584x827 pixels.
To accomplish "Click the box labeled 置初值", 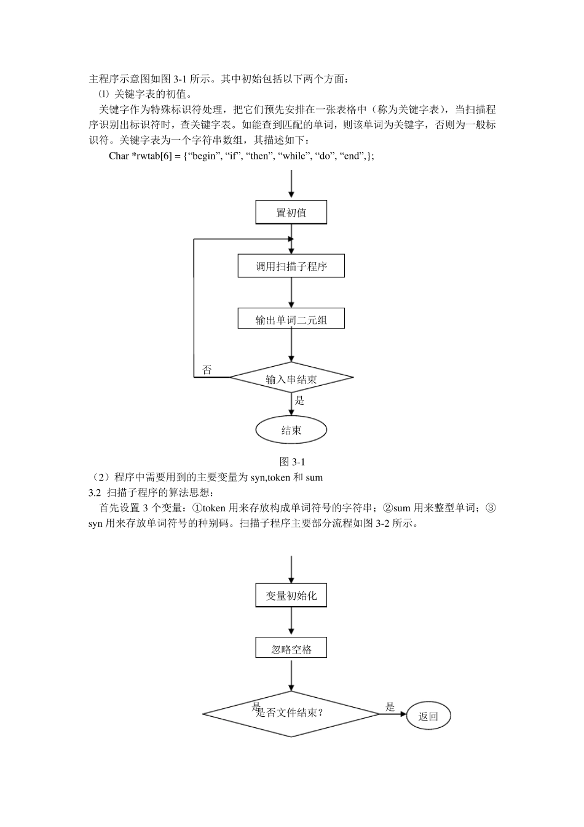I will click(291, 213).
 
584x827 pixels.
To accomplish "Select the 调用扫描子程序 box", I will click(291, 266).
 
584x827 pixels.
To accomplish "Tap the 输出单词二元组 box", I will click(291, 319).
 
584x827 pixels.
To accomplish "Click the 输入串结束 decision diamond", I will click(291, 378).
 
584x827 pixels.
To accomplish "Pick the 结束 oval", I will click(291, 429).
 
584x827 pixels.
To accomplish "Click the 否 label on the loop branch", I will click(207, 370).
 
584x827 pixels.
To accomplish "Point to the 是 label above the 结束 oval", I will click(300, 400).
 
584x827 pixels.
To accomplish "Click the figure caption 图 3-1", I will click(292, 461).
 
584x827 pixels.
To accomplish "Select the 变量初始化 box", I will click(291, 596).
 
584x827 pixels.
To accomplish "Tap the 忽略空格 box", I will click(291, 649).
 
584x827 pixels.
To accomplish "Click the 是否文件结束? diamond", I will click(291, 714).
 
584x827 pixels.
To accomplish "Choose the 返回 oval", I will click(428, 716).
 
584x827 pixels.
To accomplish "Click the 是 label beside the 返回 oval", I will click(390, 707).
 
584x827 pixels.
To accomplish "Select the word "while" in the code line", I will click(294, 156).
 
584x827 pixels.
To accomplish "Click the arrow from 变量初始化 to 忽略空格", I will click(291, 623).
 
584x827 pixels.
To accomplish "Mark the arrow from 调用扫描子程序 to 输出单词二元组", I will click(291, 293).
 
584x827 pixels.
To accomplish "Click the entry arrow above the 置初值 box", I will click(291, 185).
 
